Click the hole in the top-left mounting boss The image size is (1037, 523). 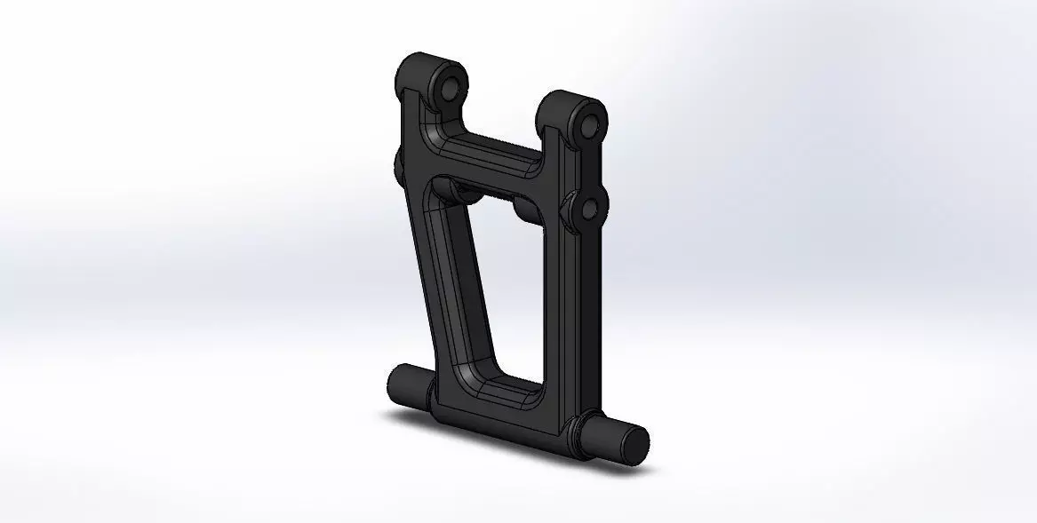pos(449,90)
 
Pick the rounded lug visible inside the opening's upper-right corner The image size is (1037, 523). pos(528,210)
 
